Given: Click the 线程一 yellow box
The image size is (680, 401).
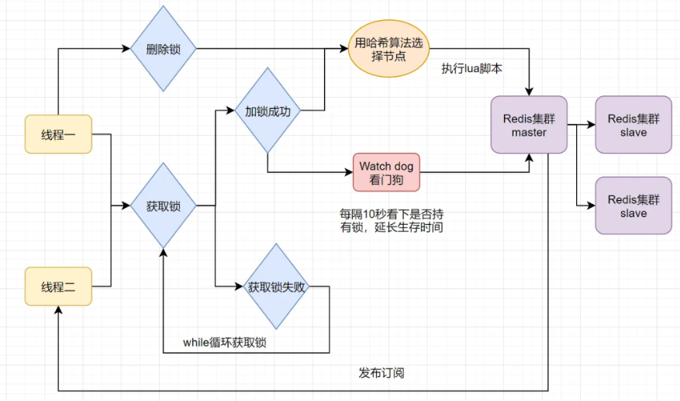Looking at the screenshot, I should coord(59,134).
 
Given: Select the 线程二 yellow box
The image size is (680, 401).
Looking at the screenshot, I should coord(59,287).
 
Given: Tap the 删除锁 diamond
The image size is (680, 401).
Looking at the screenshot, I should coord(164,49).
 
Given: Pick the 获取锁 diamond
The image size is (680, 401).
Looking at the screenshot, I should coord(164,206).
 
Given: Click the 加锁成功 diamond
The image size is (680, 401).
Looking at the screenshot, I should coord(268,110).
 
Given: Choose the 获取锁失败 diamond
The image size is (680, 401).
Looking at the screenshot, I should coord(278,287).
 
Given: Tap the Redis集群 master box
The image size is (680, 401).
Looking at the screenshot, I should coord(529,125).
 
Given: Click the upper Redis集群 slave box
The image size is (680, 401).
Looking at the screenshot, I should coord(633,125).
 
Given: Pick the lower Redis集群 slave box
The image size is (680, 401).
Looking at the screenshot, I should coord(633,206).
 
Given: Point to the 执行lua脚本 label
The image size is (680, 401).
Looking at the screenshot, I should coord(471,68).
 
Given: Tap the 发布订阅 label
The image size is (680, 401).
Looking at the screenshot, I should coord(381,373).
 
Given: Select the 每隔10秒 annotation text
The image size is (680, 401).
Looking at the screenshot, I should coord(392,220).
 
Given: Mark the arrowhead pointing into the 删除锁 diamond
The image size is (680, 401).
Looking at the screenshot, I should coord(126,49).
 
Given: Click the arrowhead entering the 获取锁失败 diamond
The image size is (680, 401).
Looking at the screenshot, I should coord(240,287).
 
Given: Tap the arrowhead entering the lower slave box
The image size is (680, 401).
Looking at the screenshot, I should coord(591,206).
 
